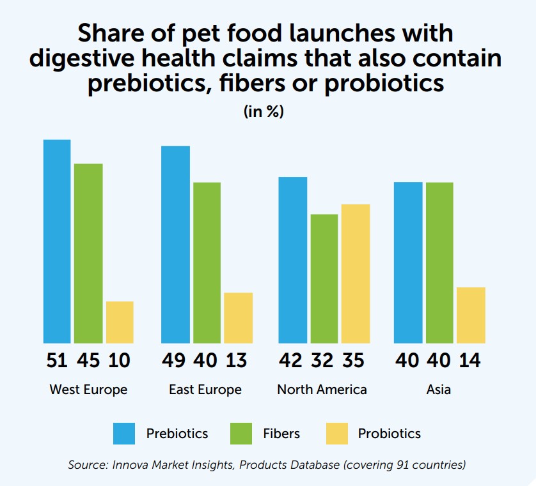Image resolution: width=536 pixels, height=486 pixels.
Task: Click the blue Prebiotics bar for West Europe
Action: [x=57, y=241]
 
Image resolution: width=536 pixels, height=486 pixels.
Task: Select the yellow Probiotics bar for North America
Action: [x=356, y=273]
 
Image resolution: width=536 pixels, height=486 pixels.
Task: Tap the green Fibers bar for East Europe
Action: [x=207, y=262]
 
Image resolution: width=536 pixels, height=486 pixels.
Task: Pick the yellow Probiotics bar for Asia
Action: [x=471, y=315]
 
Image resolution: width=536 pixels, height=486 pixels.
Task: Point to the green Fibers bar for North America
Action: [x=324, y=278]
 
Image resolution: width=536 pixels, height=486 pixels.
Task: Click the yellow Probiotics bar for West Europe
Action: [x=120, y=322]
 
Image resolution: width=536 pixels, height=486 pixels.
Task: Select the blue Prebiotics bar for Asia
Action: [x=408, y=262]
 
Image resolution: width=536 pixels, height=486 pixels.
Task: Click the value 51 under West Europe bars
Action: [x=57, y=361]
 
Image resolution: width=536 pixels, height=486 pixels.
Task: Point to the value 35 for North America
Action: [x=353, y=361]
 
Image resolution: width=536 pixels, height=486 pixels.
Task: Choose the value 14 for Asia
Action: [x=470, y=361]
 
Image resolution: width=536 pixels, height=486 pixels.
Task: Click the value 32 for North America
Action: [x=322, y=361]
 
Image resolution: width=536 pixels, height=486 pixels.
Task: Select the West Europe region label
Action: [x=88, y=390]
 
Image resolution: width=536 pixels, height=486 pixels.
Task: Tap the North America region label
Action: [x=322, y=390]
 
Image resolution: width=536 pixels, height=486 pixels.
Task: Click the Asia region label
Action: [x=439, y=390]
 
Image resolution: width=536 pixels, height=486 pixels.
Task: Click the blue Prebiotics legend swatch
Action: [x=124, y=434]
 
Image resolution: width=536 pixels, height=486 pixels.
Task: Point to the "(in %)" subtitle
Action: [x=264, y=111]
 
